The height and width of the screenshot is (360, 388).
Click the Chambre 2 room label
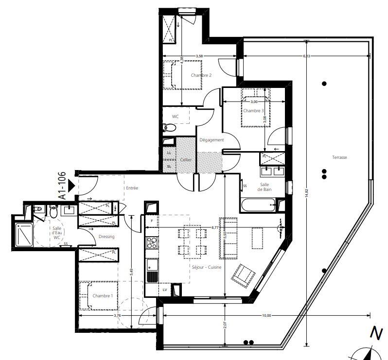pos(201,75)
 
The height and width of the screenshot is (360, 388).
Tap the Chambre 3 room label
pos(253,111)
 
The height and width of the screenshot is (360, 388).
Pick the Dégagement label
pos(212,140)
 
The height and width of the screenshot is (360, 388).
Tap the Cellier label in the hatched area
pos(186,159)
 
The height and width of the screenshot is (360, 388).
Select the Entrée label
pos(132,188)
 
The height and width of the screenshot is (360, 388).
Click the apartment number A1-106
pos(62,185)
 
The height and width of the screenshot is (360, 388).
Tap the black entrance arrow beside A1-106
pos(71,185)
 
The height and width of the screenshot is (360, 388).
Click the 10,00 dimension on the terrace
pos(265,316)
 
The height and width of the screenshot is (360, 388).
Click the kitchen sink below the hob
pos(152,265)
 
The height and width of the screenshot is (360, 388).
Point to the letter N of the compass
pos(375,333)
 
